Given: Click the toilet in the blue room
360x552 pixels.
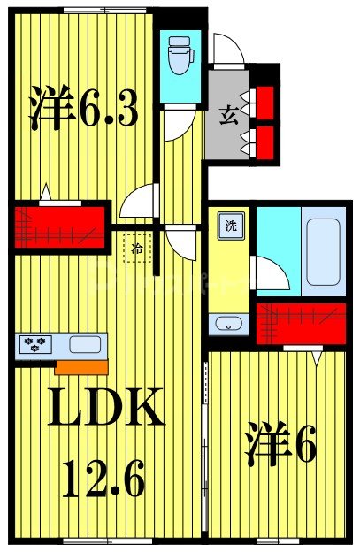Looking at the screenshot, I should click(181, 55).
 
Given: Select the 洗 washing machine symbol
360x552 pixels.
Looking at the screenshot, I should click(231, 225).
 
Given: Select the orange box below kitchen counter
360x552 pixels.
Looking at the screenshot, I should click(80, 365).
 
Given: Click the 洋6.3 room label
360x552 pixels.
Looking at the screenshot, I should click(85, 112).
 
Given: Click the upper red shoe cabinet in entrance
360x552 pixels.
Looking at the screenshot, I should click(264, 97).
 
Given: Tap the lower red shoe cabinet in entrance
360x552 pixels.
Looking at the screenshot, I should click(264, 136).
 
